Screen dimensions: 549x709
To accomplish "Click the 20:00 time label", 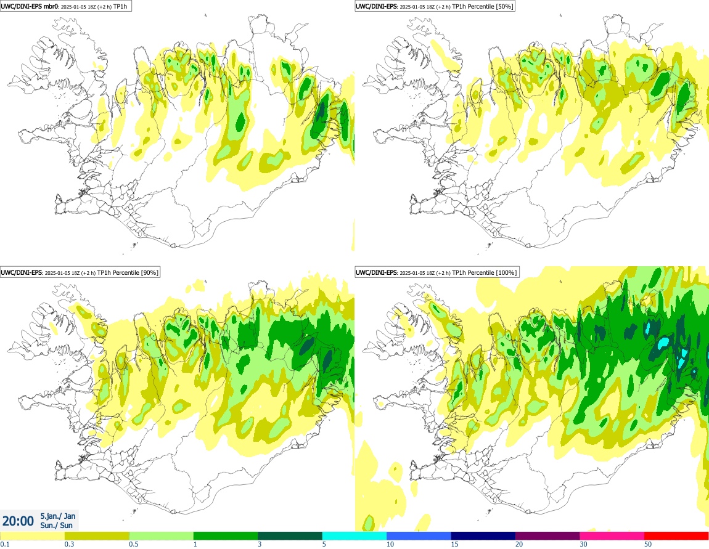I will tap(18, 521).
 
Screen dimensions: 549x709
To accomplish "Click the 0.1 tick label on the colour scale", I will tap(4, 544).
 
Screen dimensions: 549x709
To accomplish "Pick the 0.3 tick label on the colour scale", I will tap(68, 544).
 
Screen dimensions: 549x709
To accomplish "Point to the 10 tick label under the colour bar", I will tap(390, 544).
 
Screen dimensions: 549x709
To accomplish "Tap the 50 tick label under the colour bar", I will tap(648, 544).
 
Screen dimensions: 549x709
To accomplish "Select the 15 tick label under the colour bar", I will tap(454, 544).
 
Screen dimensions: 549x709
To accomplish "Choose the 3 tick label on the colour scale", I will tap(260, 544).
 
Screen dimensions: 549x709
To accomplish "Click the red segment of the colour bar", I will tap(676, 535).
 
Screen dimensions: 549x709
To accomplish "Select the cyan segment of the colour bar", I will tap(354, 535).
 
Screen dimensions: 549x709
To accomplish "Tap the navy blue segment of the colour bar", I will tap(483, 535).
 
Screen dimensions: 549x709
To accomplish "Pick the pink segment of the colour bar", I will tap(612, 535).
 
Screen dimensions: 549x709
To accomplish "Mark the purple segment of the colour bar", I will tap(547, 535).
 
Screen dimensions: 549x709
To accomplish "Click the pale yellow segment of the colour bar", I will tap(32, 535).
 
